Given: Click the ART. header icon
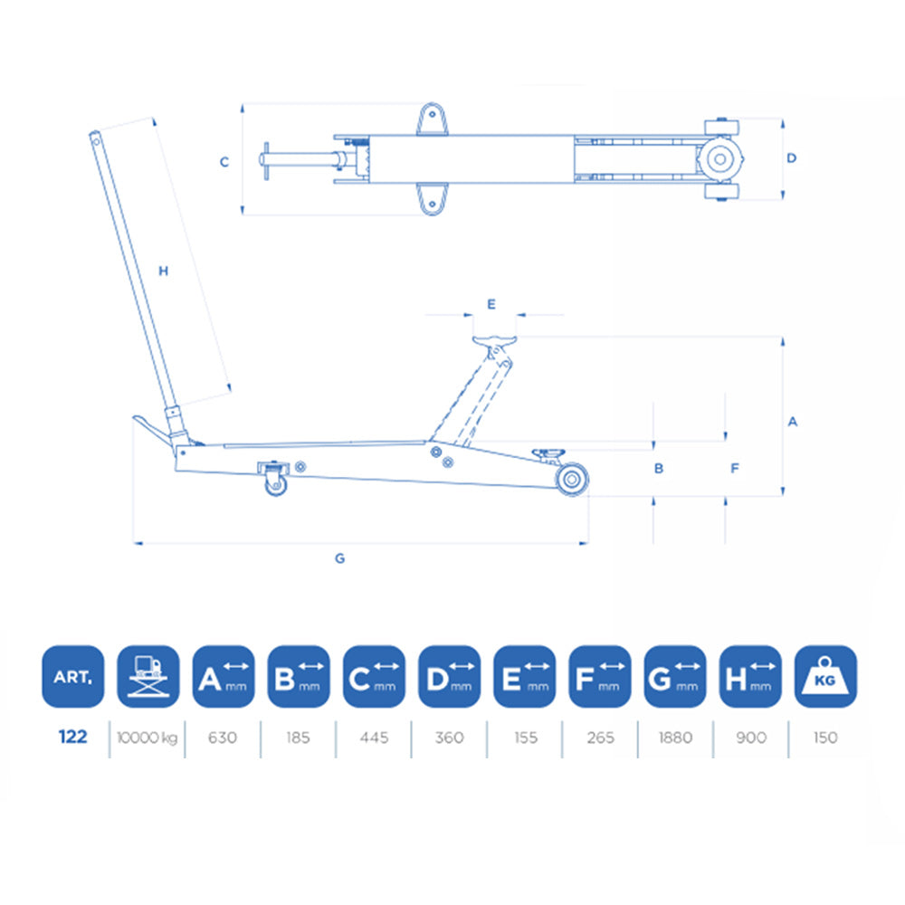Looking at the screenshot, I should coord(72,676).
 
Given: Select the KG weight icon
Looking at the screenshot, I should coord(825,676).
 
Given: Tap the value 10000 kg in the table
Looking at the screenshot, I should coord(147,738).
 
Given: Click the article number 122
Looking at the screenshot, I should coord(72,738).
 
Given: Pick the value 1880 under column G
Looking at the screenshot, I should coord(675,738).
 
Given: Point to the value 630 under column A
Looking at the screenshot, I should coord(223,738).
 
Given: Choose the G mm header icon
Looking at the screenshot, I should coord(675,676).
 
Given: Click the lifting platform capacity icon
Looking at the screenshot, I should coord(148,676).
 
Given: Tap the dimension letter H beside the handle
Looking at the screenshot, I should coord(164,271).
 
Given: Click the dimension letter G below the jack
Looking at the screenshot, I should coord(340,558).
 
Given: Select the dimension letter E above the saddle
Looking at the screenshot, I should coord(491,304).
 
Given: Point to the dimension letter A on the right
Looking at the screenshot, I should coord(793,422).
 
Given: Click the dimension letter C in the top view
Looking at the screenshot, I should coord(224,162).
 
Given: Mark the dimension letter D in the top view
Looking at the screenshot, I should coord(791,157).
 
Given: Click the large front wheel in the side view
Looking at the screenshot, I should coord(570,481).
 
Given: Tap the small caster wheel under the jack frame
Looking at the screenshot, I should coord(274,486).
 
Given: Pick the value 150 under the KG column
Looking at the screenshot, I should coord(825,738).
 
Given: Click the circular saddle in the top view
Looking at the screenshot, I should coord(720,158).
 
